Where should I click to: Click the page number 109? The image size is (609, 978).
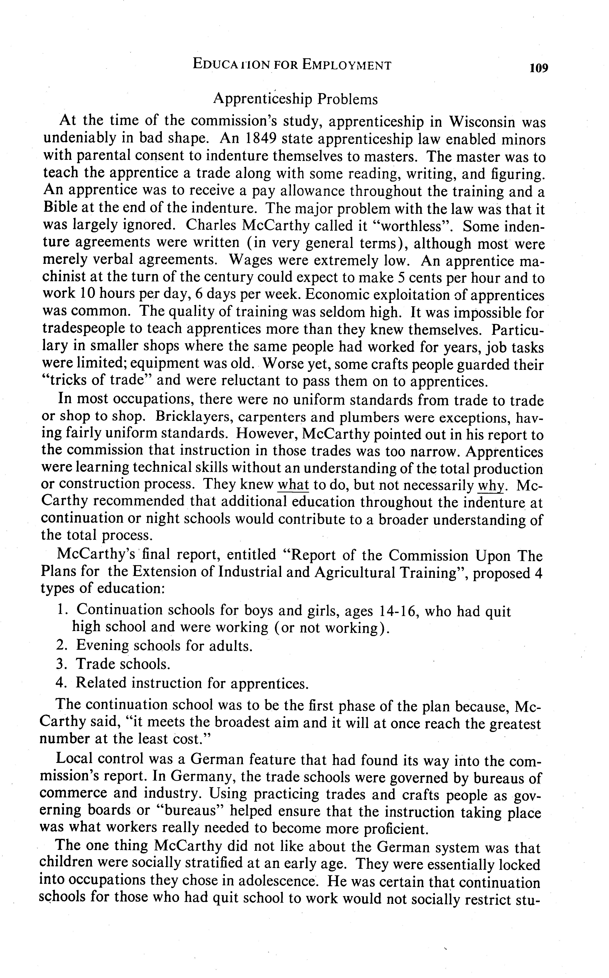point(539,68)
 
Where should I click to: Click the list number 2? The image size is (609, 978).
point(61,646)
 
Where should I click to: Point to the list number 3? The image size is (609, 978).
point(61,664)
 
